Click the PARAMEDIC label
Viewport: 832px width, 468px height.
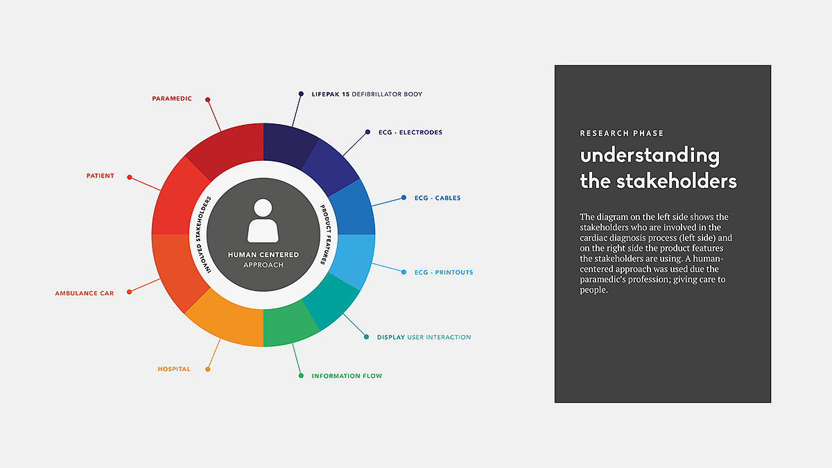tap(172, 98)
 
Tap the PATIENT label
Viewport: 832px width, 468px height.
tap(101, 175)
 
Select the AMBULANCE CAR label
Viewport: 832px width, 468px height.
tap(85, 293)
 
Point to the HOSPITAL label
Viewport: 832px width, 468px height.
tap(174, 369)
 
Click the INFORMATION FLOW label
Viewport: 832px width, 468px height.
tap(347, 376)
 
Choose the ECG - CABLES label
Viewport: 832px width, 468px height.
tap(437, 198)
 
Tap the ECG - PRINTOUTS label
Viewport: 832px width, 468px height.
tap(444, 272)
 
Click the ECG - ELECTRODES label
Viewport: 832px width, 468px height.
tap(410, 132)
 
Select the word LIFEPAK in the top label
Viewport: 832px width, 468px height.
tap(326, 94)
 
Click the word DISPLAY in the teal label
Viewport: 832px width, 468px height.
tap(391, 337)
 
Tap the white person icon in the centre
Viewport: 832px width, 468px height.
tap(263, 220)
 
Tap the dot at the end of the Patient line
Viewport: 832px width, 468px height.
tap(129, 177)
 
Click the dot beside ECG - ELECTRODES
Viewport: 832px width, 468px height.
tap(367, 132)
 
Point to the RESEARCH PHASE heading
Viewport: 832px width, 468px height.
tap(621, 133)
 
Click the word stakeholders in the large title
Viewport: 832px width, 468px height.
tap(677, 182)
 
